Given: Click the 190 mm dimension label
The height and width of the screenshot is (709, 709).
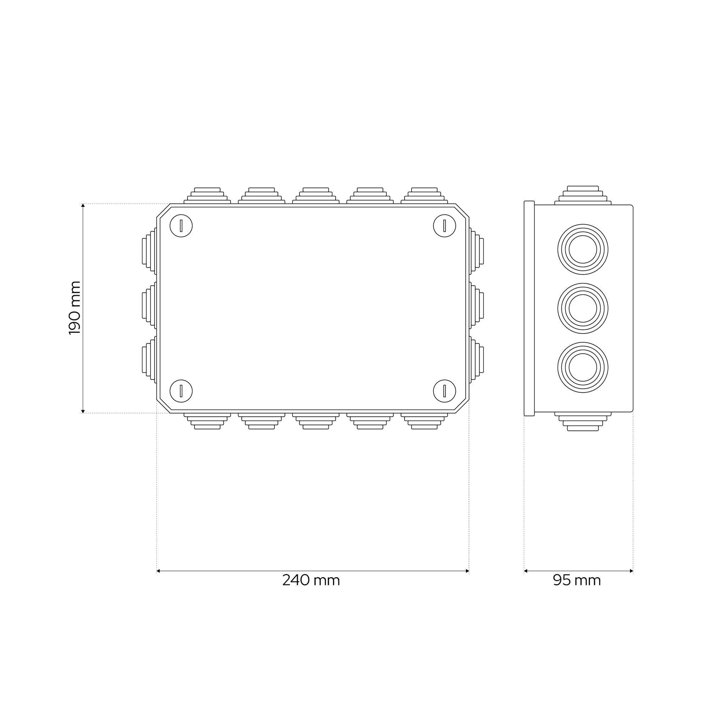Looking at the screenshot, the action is click(x=74, y=308).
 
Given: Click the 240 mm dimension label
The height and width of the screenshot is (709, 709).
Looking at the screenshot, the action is click(x=311, y=580).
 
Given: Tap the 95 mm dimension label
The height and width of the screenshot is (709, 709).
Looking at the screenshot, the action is click(x=577, y=580).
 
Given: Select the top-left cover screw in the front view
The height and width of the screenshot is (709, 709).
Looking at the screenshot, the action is click(x=181, y=226).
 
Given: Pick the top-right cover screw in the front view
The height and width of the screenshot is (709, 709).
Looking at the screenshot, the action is click(x=445, y=226).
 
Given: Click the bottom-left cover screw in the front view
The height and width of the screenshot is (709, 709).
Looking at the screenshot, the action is click(x=181, y=391).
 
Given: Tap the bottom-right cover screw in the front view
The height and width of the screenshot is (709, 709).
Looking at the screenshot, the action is click(x=445, y=391).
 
